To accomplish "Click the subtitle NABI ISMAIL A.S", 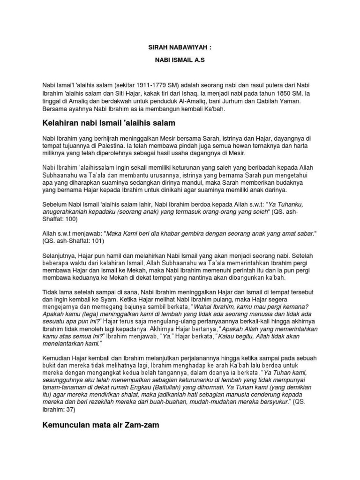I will point(180,60).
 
